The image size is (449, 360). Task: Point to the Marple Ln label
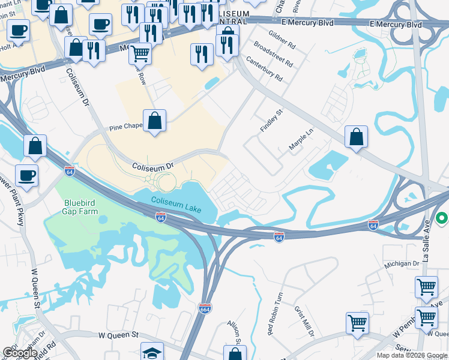[x=301, y=142]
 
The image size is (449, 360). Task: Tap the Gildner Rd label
[x=282, y=40]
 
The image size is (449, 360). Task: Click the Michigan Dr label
[x=403, y=264]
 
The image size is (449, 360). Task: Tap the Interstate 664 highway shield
[x=205, y=308]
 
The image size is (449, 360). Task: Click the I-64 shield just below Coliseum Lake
[x=161, y=217]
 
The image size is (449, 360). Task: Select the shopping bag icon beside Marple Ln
[x=357, y=136]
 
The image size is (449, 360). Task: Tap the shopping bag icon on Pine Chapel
[x=155, y=120]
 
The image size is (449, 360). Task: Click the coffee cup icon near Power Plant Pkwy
[x=27, y=175]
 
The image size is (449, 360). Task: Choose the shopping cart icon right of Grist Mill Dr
[x=357, y=323]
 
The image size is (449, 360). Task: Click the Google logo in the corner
[x=20, y=353]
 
